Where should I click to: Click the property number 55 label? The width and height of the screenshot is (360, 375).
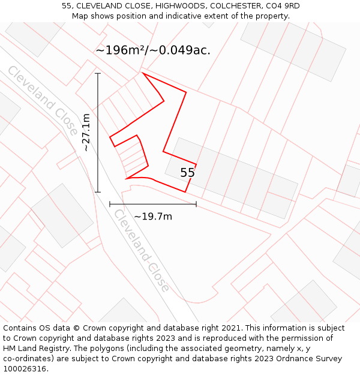pos(187,173)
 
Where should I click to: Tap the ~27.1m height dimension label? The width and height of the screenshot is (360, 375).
pos(86,132)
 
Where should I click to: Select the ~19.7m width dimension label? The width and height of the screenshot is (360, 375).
pos(152,216)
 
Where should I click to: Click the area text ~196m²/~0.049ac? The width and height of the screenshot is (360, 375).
pos(153,50)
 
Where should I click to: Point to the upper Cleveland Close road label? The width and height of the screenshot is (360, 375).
pos(42,100)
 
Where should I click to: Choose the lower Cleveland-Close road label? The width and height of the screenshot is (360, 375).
pos(142,250)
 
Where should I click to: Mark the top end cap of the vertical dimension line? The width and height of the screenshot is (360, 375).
pos(98,73)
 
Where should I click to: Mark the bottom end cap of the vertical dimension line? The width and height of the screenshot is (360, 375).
pos(98,192)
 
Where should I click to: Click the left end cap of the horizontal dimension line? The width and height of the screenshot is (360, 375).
pos(110,204)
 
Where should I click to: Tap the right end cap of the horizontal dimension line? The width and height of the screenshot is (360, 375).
pos(196,204)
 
